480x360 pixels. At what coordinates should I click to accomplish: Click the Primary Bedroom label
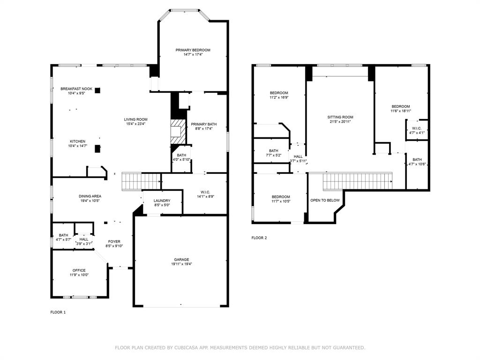193,50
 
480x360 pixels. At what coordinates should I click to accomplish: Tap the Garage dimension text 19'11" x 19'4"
181,264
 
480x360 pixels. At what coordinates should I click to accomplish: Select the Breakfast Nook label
76,89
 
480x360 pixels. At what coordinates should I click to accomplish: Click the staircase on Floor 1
141,181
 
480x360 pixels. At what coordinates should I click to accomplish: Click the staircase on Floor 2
357,180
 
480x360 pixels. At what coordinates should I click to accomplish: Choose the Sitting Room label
340,117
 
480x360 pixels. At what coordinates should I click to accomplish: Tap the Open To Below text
325,200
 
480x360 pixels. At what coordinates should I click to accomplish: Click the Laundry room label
162,201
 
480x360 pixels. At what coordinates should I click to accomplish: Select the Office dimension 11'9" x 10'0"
79,275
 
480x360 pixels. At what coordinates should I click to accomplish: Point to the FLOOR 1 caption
58,312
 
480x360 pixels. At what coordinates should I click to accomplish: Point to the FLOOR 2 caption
259,238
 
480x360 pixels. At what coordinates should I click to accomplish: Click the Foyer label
114,241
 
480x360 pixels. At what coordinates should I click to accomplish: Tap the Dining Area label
90,196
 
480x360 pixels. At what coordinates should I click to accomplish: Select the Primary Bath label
203,124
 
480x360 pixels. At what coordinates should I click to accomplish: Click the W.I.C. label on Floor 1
205,192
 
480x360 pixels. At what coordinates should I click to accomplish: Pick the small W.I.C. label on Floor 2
417,128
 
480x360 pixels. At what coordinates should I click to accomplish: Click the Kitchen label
78,141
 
